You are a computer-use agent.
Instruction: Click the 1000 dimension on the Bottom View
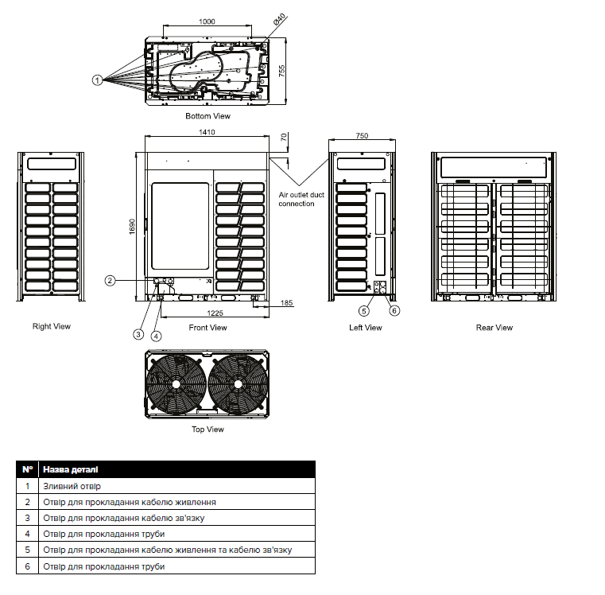[x=207, y=23]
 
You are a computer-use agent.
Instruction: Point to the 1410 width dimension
[x=207, y=132]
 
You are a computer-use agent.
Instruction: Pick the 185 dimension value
[x=287, y=303]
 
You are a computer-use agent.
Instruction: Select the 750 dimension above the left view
[x=362, y=136]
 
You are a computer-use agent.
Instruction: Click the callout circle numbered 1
[x=97, y=80]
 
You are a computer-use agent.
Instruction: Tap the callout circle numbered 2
[x=111, y=280]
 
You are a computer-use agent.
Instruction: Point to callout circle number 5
[x=364, y=310]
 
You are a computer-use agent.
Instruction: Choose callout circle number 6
[x=394, y=310]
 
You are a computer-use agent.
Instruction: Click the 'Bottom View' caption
[x=207, y=116]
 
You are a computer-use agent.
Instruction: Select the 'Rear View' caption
[x=494, y=328]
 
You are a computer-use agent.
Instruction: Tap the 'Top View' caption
[x=207, y=430]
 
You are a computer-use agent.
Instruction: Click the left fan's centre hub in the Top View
[x=176, y=383]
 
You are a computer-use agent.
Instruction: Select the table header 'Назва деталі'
[x=72, y=469]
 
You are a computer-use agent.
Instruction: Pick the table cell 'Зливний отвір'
[x=72, y=486]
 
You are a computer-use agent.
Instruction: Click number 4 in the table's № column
[x=28, y=534]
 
